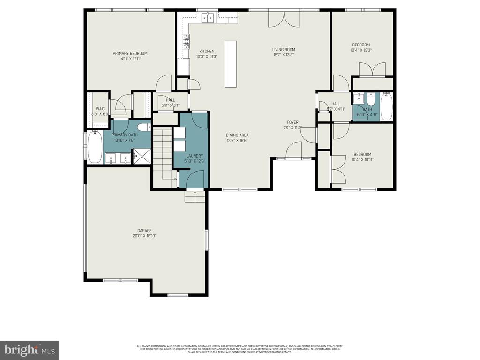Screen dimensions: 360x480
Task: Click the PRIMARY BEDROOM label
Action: (x=130, y=53)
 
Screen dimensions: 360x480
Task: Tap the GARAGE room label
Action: (x=144, y=230)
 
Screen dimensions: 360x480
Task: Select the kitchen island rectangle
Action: (x=231, y=64)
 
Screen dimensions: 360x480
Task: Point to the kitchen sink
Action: (x=207, y=18)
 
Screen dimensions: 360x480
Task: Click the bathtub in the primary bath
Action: (x=94, y=147)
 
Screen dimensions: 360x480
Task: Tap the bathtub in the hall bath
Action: (x=387, y=107)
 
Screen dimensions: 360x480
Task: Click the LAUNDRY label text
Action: (x=194, y=156)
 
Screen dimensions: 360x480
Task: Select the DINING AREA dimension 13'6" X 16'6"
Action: (x=237, y=140)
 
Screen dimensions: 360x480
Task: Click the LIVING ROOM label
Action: (x=284, y=49)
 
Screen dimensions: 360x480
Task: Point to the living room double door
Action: (x=284, y=20)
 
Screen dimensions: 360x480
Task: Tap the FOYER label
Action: (x=292, y=122)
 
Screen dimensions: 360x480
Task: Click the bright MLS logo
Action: (x=29, y=350)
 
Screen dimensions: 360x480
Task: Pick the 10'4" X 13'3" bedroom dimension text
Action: (x=360, y=50)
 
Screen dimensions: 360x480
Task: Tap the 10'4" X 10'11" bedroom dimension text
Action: (x=362, y=159)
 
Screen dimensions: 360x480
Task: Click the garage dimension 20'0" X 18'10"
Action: (x=144, y=236)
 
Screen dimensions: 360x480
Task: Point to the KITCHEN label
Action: (x=207, y=51)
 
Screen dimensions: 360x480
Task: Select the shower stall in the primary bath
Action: (x=141, y=156)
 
